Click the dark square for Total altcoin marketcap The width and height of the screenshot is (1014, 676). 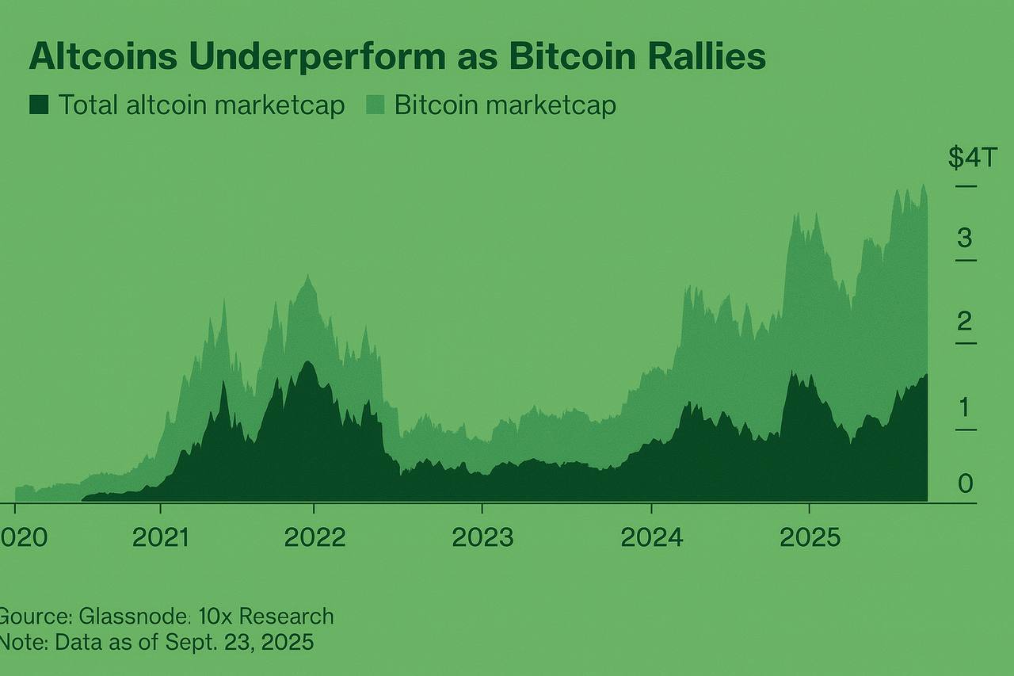click(x=39, y=105)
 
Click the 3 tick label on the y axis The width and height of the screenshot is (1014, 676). click(x=964, y=237)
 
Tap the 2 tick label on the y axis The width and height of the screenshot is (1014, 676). click(x=964, y=321)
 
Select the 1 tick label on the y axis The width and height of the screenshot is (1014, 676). click(x=964, y=407)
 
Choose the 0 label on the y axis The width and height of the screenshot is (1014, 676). click(x=965, y=483)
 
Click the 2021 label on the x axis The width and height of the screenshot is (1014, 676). click(x=161, y=537)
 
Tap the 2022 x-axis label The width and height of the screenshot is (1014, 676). click(x=314, y=537)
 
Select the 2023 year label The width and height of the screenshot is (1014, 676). click(x=482, y=537)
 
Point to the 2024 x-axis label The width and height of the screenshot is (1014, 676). click(x=651, y=537)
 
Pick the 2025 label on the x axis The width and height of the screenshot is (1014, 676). click(x=810, y=537)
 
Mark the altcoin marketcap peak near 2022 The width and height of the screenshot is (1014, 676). click(x=308, y=363)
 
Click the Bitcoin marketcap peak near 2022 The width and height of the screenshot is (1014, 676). click(x=307, y=277)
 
